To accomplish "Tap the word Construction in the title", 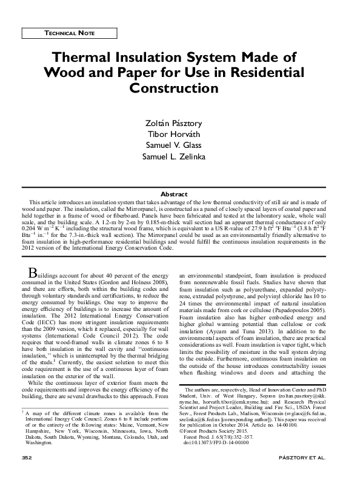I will pyautogui.click(x=175, y=88).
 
